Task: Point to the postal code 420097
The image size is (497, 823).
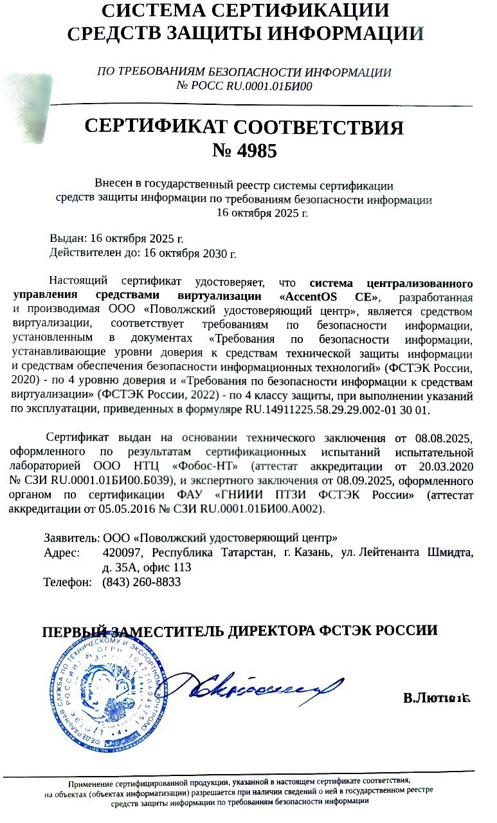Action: (122, 553)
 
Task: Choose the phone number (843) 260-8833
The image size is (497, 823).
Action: (141, 582)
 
